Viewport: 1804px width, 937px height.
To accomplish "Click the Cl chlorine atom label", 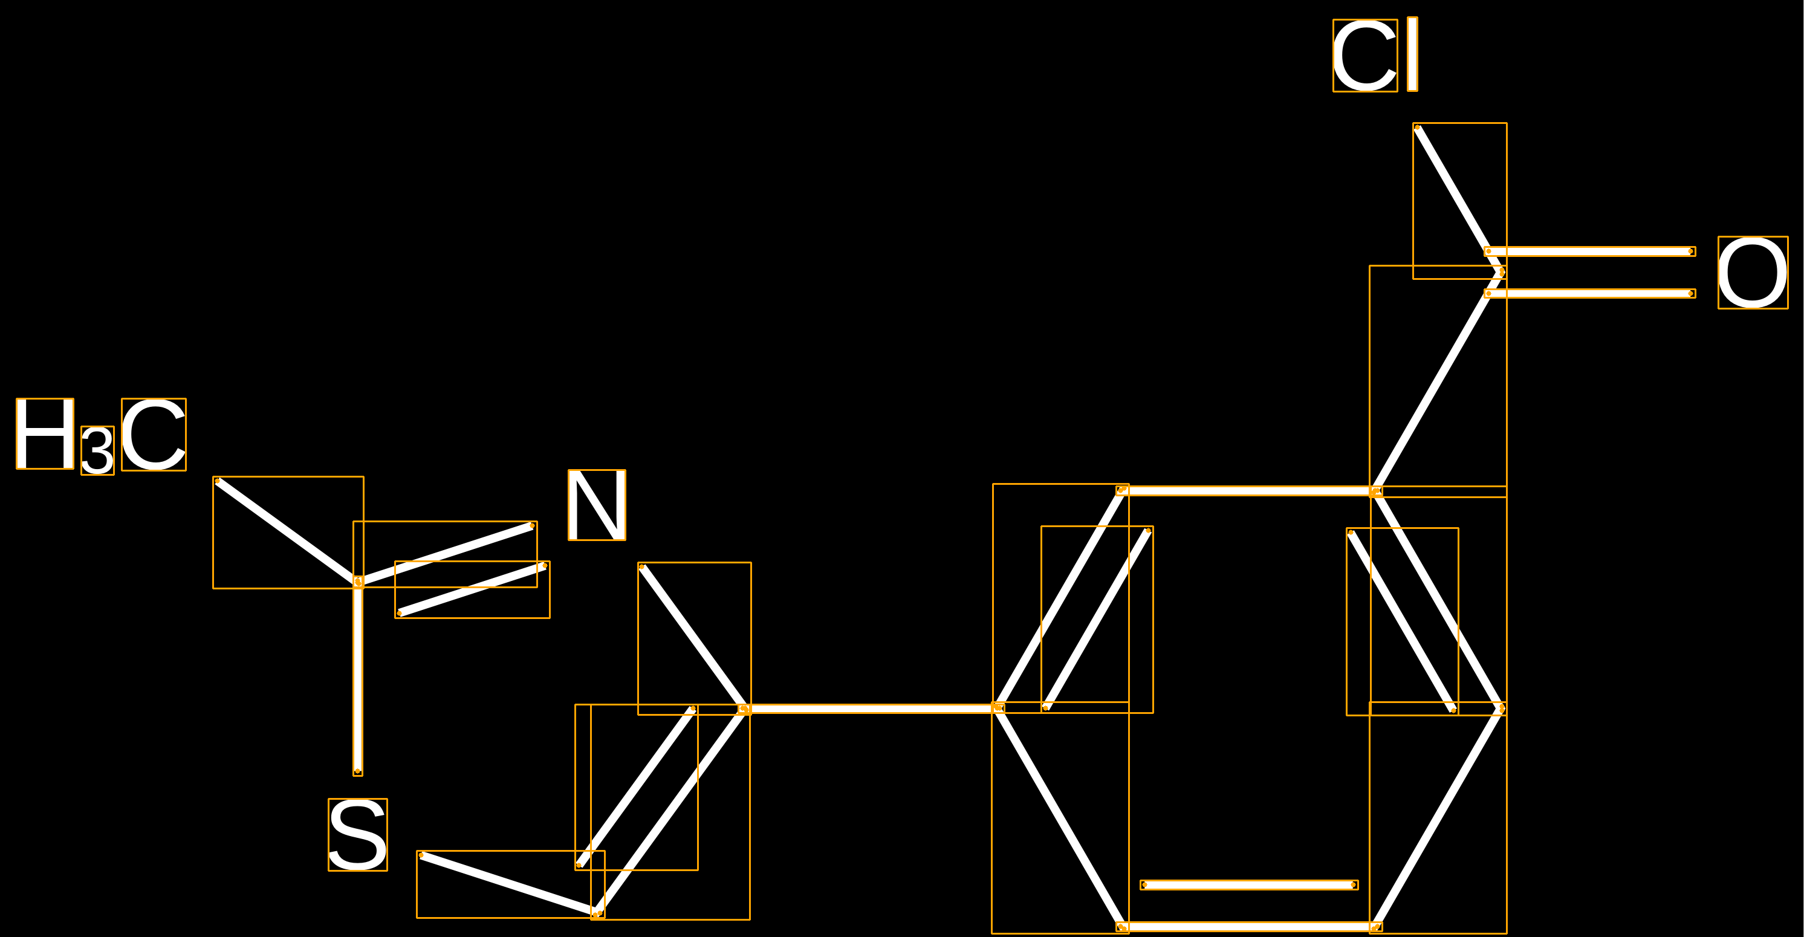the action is pos(1375,54).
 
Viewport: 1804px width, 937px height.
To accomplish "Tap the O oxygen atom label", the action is pos(1753,273).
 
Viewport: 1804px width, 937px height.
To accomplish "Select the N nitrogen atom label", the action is pos(597,505).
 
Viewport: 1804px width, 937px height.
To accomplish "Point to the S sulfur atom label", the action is pos(358,835).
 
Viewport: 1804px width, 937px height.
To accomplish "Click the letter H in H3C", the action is pos(45,433).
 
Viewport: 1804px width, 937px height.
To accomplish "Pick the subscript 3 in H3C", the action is pos(97,450).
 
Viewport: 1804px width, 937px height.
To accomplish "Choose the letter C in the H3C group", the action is pos(154,434).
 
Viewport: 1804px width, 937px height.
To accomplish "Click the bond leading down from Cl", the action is pos(1460,201).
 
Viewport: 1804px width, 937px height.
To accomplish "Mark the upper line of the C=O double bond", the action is pos(1590,251).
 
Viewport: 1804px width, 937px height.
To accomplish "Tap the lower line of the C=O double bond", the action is pos(1590,293).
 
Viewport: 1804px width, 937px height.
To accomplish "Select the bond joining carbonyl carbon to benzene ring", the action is pos(1438,381).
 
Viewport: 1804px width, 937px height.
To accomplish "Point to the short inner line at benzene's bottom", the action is pos(1250,885).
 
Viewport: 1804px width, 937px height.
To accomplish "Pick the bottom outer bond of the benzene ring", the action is pos(1250,927).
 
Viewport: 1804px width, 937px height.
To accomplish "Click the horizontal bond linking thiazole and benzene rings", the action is pos(871,708).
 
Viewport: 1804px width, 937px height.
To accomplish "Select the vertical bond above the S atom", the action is pos(358,676).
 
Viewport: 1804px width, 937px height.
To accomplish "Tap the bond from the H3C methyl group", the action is pos(288,532).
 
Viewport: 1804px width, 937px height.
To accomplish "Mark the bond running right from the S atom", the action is pos(510,884).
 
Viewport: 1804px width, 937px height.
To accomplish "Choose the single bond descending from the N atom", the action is pos(694,638).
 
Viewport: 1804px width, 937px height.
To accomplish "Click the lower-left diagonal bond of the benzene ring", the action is pos(1060,817).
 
